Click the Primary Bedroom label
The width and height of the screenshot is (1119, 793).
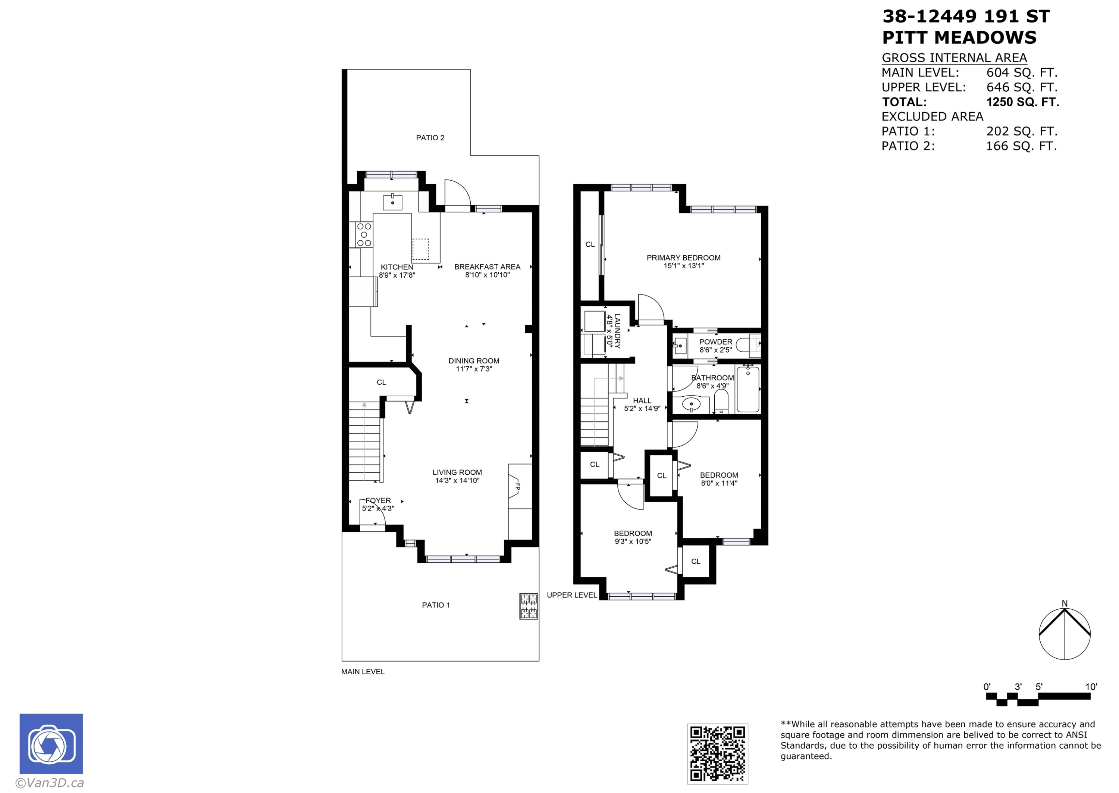pyautogui.click(x=683, y=258)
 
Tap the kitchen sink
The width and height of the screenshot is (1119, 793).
pyautogui.click(x=392, y=202)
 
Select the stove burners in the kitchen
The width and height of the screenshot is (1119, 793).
pyautogui.click(x=364, y=235)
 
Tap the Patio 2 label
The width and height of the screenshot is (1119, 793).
pyautogui.click(x=430, y=138)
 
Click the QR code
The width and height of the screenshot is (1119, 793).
pyautogui.click(x=717, y=753)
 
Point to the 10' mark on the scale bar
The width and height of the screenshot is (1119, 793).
pyautogui.click(x=1091, y=687)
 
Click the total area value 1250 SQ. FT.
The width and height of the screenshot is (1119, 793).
pyautogui.click(x=1023, y=102)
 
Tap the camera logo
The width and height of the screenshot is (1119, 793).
pyautogui.click(x=51, y=744)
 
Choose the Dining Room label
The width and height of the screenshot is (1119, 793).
pyautogui.click(x=474, y=361)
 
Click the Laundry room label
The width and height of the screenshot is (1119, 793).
pyautogui.click(x=617, y=331)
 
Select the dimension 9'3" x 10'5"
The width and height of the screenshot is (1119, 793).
pyautogui.click(x=633, y=541)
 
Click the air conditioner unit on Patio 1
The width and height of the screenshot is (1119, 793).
pyautogui.click(x=529, y=606)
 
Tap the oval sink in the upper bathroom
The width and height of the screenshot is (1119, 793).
pyautogui.click(x=691, y=404)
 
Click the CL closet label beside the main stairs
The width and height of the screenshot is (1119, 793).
pyautogui.click(x=381, y=383)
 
